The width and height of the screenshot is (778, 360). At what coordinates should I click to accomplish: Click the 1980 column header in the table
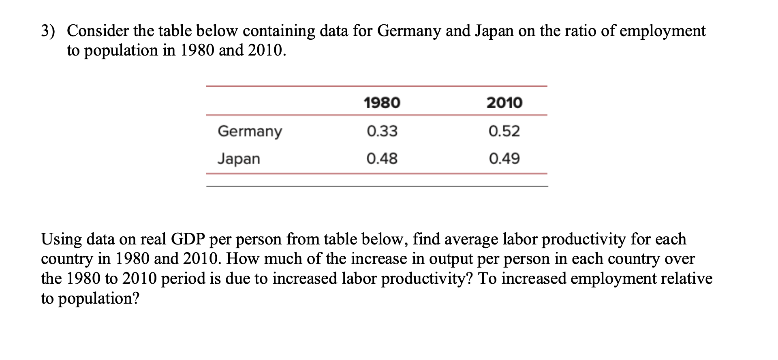382,103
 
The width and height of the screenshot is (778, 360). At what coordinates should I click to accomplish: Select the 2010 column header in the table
504,103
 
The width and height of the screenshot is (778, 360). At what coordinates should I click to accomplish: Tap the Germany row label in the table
250,131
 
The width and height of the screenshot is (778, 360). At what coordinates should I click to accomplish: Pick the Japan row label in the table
239,159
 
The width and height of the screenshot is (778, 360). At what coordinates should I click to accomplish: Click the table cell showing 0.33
382,131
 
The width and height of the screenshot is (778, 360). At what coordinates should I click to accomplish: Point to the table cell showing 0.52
504,131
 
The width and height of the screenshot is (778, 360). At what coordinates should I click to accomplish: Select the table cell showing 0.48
382,158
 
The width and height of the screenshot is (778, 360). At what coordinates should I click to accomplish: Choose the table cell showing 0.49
504,158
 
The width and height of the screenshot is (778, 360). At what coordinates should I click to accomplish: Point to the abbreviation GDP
188,239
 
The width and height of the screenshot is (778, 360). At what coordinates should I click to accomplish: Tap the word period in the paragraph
184,279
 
